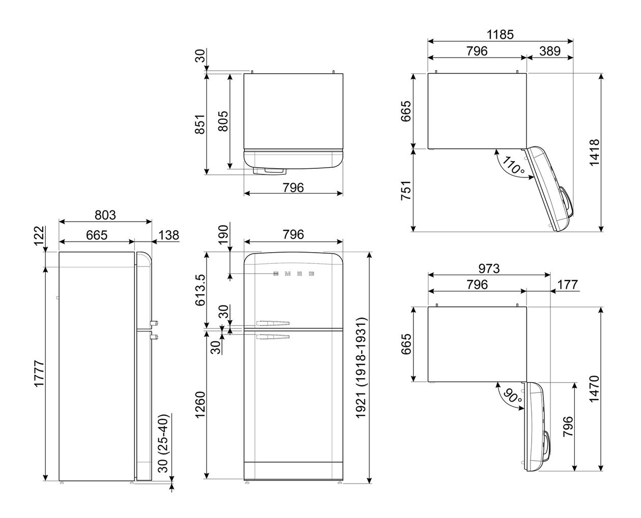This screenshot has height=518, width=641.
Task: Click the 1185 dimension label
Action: [500, 35]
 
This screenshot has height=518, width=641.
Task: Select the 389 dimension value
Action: [549, 51]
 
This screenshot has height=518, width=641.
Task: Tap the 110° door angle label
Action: [513, 165]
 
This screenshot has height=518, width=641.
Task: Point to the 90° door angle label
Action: [512, 397]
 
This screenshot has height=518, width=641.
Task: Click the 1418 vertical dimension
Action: [594, 153]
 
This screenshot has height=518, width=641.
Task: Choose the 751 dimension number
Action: [405, 190]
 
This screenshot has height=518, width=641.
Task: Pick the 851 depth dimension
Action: [199, 124]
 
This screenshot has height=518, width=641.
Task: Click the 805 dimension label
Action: [223, 121]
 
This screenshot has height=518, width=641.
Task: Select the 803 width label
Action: [105, 215]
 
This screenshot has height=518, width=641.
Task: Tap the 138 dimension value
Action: [169, 235]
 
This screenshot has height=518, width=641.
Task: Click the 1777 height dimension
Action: [39, 374]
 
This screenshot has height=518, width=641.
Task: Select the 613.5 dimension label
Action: [200, 290]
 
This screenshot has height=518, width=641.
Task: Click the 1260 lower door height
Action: [200, 405]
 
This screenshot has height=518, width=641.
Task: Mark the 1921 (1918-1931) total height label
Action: [361, 368]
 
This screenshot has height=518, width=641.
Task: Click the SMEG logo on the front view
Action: [294, 273]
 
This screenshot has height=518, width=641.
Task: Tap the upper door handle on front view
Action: [273, 323]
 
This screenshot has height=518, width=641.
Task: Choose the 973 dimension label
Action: [489, 268]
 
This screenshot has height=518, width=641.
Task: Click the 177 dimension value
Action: [568, 285]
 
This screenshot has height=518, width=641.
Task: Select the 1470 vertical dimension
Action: [594, 389]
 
